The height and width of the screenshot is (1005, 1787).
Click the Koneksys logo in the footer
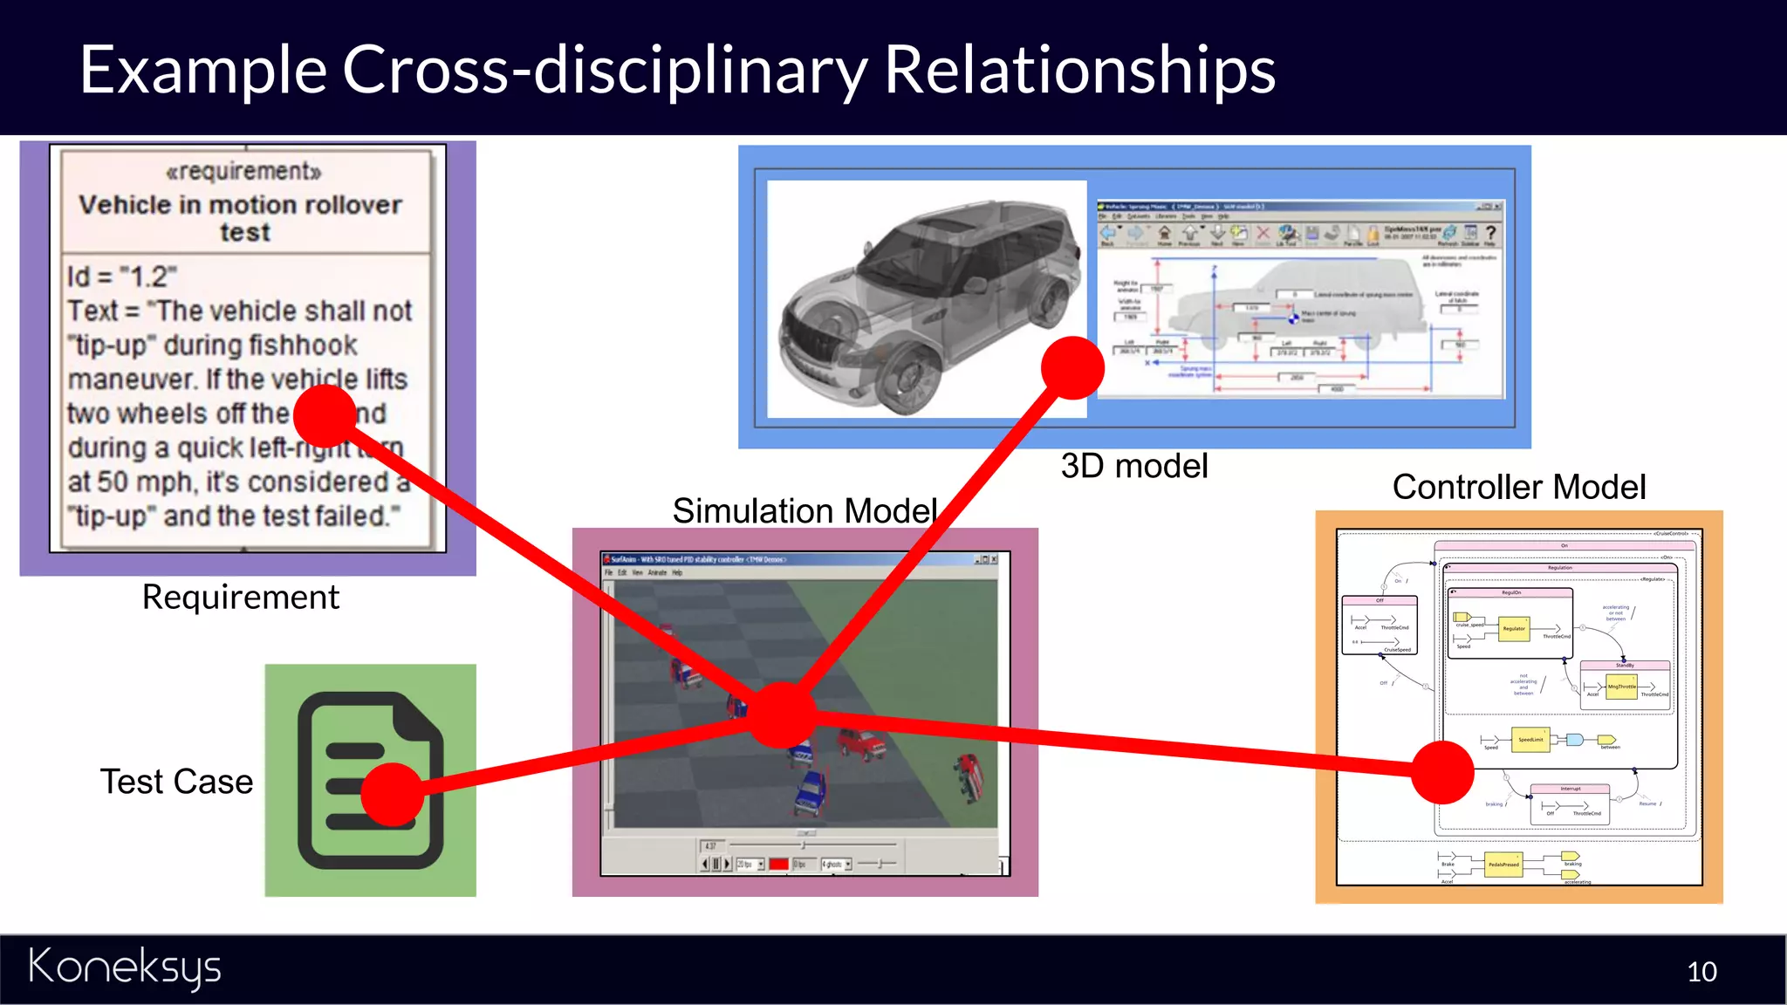pos(125,968)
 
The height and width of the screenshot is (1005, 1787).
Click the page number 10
pos(1701,972)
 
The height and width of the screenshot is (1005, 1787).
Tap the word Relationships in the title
pos(1079,70)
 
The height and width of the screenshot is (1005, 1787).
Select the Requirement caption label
pos(240,598)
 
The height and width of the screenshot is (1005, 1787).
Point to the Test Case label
pos(176,782)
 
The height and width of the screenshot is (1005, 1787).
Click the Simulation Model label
pos(804,511)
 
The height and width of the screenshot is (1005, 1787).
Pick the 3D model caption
pos(1133,466)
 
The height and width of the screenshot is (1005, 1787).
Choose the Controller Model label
pos(1518,487)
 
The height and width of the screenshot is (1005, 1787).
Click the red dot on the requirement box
pos(325,416)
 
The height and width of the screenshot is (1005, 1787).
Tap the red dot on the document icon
pos(392,794)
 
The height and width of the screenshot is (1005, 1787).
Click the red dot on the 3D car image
pos(1072,367)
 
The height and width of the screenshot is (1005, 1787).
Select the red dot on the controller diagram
pos(1442,772)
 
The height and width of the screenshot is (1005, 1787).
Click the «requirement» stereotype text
pos(244,171)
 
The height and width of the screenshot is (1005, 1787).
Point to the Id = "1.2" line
pos(122,277)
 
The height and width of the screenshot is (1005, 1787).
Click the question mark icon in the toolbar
pos(1490,233)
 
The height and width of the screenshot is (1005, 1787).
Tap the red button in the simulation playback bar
pos(778,864)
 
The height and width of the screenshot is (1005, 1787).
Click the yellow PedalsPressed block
pos(1503,865)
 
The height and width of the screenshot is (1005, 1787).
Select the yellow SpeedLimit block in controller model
pos(1530,740)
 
